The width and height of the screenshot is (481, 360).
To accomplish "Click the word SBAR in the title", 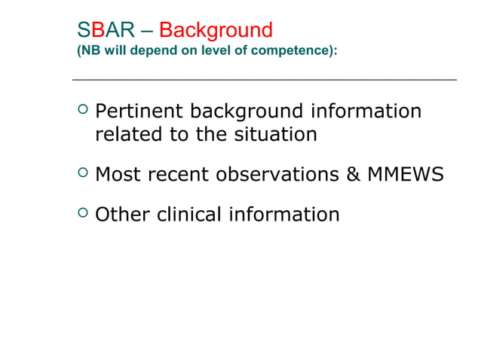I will [106, 31].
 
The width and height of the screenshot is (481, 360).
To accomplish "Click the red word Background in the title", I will [216, 31].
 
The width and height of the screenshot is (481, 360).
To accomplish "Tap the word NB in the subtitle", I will [87, 53].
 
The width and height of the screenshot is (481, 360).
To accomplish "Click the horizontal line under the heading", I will [264, 79].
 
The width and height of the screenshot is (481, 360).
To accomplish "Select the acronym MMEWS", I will [405, 175].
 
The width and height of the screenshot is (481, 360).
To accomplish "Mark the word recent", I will [181, 175].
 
